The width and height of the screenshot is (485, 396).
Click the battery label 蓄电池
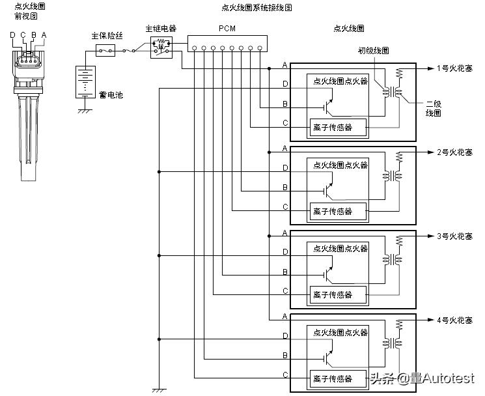(111, 95)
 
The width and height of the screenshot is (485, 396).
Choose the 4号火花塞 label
(454, 320)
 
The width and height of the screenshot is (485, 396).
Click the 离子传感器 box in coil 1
(337, 128)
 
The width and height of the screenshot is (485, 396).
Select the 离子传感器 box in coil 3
(337, 295)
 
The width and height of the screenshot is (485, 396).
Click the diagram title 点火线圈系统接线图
(256, 8)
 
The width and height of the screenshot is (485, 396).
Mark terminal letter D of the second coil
(285, 169)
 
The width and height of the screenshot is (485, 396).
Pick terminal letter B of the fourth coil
(285, 356)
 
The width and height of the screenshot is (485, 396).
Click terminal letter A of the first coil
(285, 65)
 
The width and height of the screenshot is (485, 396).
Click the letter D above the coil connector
(12, 35)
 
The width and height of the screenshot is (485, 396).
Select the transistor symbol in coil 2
(328, 190)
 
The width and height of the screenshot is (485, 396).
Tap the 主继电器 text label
(160, 29)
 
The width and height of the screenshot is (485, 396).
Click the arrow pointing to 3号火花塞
(430, 236)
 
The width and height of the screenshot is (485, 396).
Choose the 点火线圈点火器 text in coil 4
(340, 332)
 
